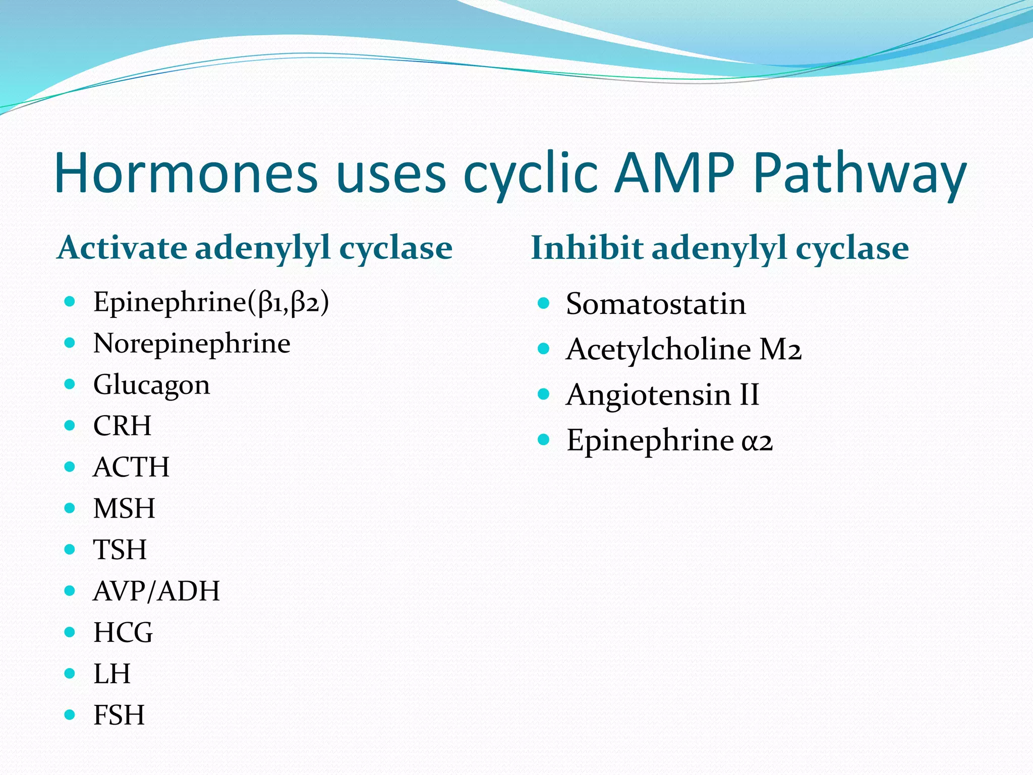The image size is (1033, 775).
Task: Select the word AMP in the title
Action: tap(675, 173)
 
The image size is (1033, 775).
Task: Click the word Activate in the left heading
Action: tap(123, 248)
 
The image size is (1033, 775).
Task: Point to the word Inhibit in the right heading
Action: tap(587, 248)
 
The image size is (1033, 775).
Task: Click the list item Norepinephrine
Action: tap(192, 344)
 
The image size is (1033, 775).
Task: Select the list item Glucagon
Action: tap(151, 385)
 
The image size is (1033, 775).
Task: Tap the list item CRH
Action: tap(122, 426)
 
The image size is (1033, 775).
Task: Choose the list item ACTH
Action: tap(131, 467)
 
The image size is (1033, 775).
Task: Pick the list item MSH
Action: tap(124, 509)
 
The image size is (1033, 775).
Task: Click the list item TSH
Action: tap(120, 550)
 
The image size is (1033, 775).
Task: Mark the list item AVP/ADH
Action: tap(156, 591)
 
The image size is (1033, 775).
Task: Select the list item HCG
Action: tap(123, 633)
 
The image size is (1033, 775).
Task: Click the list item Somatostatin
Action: tap(656, 304)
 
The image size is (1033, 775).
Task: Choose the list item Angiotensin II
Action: tap(662, 395)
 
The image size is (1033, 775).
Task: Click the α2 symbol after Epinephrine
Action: tap(757, 441)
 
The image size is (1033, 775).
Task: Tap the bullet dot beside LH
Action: tap(70, 673)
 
